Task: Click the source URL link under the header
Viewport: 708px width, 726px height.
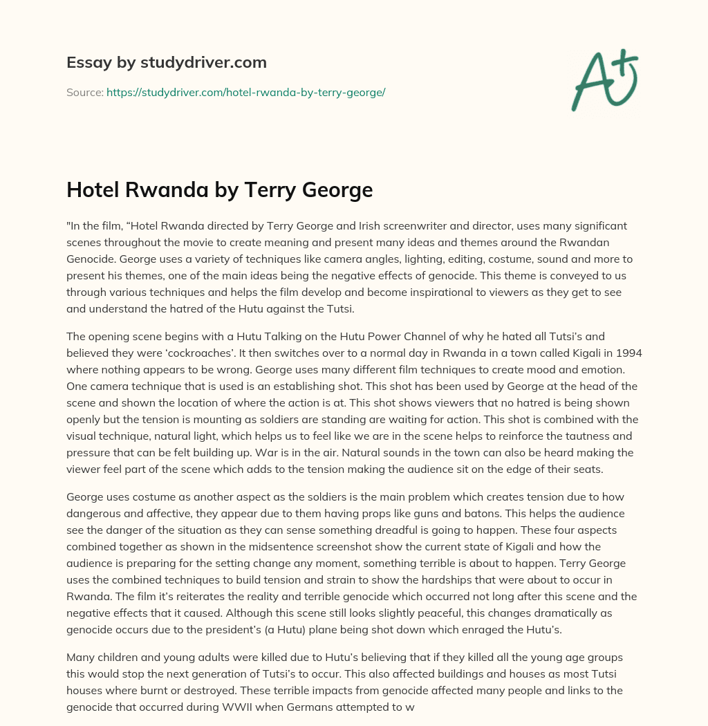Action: tap(245, 91)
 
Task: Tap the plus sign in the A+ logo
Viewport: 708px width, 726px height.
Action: tap(622, 62)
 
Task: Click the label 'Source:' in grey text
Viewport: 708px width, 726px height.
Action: tap(84, 91)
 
